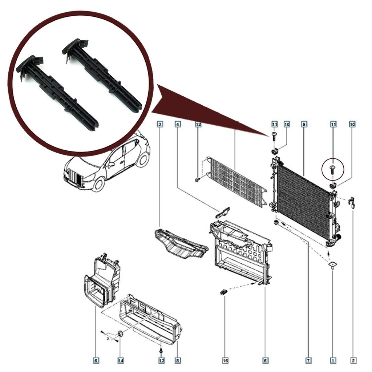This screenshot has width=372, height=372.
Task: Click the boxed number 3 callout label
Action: point(160,124)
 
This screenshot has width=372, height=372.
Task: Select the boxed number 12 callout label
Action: point(198,124)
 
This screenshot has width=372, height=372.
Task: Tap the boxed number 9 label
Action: point(304,124)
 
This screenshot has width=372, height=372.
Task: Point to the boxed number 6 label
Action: point(96,360)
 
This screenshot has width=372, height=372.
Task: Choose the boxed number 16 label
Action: point(225,360)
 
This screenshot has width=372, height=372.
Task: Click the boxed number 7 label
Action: point(308,360)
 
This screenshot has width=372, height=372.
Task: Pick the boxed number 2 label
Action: point(353,360)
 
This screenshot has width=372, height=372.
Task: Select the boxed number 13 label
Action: point(161,360)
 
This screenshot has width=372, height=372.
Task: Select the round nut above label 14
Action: point(120,333)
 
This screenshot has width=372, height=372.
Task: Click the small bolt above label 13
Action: point(161,351)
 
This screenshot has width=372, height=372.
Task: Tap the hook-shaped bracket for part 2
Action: point(351,202)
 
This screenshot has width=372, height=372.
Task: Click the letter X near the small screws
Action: point(108,338)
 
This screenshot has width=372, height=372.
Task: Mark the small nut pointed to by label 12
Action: point(197,180)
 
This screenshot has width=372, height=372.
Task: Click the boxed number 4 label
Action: point(178,124)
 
